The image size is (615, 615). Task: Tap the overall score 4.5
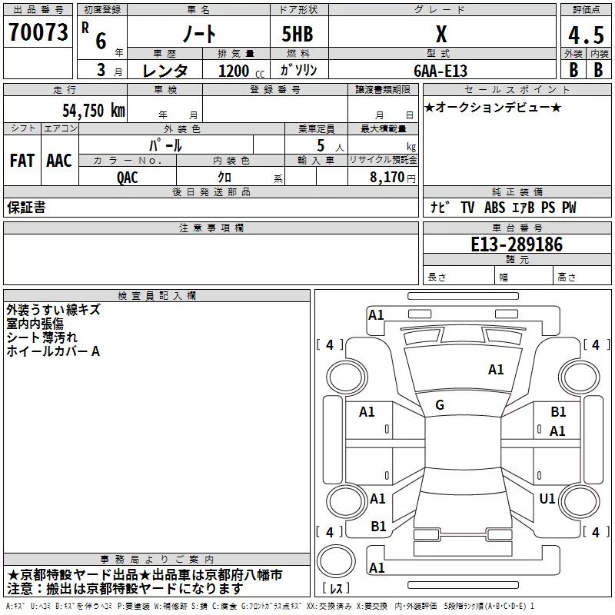pyautogui.click(x=585, y=36)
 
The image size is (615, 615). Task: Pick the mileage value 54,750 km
pyautogui.click(x=93, y=109)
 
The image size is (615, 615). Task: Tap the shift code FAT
pyautogui.click(x=22, y=161)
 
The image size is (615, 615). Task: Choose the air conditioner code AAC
pyautogui.click(x=58, y=161)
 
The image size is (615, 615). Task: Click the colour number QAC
pyautogui.click(x=128, y=177)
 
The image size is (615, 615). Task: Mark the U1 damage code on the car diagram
pyautogui.click(x=547, y=499)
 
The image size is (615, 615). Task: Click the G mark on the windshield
pyautogui.click(x=440, y=405)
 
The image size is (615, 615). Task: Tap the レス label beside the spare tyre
pyautogui.click(x=336, y=589)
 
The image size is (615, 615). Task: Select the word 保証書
pyautogui.click(x=26, y=208)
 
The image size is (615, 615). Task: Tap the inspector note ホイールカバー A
pyautogui.click(x=53, y=351)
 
